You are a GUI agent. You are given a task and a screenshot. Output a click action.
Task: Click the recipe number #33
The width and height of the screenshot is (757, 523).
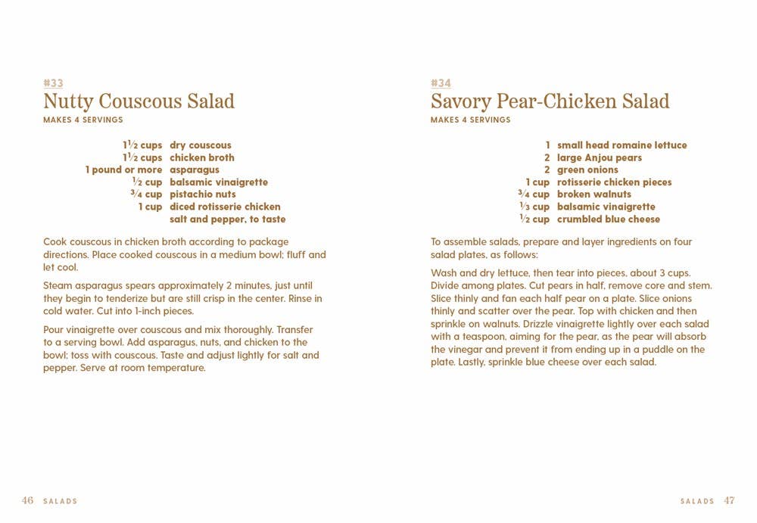pyautogui.click(x=53, y=83)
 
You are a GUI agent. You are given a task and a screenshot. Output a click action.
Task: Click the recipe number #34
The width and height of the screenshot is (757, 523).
pyautogui.click(x=441, y=83)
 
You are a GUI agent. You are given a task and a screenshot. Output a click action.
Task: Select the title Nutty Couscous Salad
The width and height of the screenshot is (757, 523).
pyautogui.click(x=139, y=101)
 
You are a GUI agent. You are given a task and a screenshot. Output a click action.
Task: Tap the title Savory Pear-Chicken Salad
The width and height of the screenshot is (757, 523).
pyautogui.click(x=550, y=101)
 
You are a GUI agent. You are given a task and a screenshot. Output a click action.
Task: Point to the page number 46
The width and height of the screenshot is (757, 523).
pyautogui.click(x=27, y=500)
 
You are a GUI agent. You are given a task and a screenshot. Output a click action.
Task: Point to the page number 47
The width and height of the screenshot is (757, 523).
pyautogui.click(x=729, y=500)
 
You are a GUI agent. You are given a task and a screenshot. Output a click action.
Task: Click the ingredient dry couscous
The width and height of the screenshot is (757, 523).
pyautogui.click(x=201, y=145)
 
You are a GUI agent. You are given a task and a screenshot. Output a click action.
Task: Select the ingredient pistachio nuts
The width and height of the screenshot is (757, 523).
pyautogui.click(x=203, y=195)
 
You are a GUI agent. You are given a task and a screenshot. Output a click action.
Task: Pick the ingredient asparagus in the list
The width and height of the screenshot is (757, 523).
pyautogui.click(x=195, y=170)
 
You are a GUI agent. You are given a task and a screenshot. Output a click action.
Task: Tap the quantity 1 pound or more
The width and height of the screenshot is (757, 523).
pyautogui.click(x=123, y=170)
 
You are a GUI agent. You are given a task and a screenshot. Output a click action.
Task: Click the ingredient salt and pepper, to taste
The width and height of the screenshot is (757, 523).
pyautogui.click(x=227, y=219)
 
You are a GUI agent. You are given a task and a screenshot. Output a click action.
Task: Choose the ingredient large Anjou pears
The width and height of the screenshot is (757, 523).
pyautogui.click(x=599, y=158)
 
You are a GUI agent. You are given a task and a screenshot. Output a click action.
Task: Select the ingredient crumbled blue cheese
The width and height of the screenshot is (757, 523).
pyautogui.click(x=608, y=219)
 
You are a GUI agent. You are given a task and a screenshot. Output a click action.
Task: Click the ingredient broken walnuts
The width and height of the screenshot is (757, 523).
pyautogui.click(x=593, y=195)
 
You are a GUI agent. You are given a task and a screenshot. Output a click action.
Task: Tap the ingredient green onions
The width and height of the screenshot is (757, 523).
pyautogui.click(x=587, y=170)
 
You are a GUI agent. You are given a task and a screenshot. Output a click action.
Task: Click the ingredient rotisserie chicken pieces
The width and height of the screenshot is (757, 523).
pyautogui.click(x=614, y=182)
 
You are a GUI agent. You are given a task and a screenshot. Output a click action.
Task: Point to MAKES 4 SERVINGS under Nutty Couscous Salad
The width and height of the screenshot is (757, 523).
pyautogui.click(x=83, y=120)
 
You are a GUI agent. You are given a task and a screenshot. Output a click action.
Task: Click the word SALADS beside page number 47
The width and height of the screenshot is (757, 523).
pyautogui.click(x=697, y=501)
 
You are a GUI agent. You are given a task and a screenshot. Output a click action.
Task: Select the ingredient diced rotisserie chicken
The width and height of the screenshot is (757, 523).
pyautogui.click(x=225, y=207)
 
